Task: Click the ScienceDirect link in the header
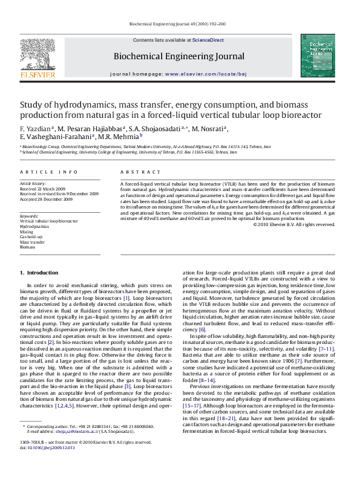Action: click(x=208, y=40)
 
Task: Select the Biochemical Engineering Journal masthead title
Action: click(x=178, y=57)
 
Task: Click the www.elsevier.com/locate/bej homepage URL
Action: click(x=205, y=74)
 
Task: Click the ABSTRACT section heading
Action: click(x=137, y=172)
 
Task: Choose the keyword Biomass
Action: click(x=28, y=247)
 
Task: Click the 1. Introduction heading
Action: click(x=39, y=273)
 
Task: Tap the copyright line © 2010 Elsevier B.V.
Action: click(x=310, y=225)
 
